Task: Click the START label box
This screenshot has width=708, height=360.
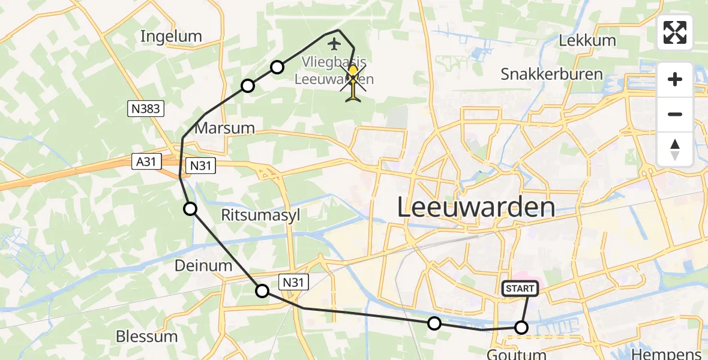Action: [520, 289]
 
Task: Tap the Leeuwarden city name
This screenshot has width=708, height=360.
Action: [476, 208]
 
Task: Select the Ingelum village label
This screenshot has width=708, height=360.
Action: [171, 37]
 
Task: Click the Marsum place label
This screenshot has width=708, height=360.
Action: [225, 128]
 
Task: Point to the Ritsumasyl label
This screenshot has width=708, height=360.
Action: [260, 215]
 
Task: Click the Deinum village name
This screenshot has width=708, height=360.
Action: [203, 265]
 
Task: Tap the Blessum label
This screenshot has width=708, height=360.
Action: [147, 336]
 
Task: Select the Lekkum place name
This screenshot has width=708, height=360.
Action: [587, 41]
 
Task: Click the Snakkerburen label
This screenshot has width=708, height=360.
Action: [551, 74]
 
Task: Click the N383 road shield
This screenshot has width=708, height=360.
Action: [146, 109]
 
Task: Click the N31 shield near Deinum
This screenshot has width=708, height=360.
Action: [293, 281]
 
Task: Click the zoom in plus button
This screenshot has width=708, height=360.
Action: [675, 80]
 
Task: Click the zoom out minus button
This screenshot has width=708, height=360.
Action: [675, 114]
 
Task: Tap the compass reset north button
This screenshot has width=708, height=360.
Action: [675, 149]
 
